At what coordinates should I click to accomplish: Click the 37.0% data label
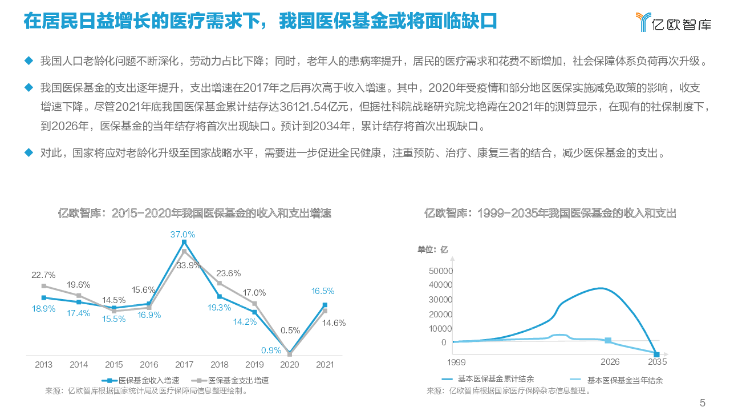click(183, 234)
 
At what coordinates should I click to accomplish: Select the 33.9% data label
click(189, 265)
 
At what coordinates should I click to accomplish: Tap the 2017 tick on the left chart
click(184, 365)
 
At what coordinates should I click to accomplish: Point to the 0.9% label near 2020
click(271, 349)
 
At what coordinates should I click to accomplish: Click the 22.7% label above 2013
click(43, 275)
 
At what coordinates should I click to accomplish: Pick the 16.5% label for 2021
click(323, 291)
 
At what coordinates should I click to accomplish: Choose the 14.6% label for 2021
click(334, 323)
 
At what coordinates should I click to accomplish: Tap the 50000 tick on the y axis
click(440, 271)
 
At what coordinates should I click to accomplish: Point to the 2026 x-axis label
click(610, 362)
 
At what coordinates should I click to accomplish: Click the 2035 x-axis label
click(657, 362)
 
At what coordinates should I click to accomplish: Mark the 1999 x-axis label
click(456, 362)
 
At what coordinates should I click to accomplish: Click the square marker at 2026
click(609, 340)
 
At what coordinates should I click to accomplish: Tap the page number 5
click(703, 402)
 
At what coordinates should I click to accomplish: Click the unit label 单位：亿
click(433, 249)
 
